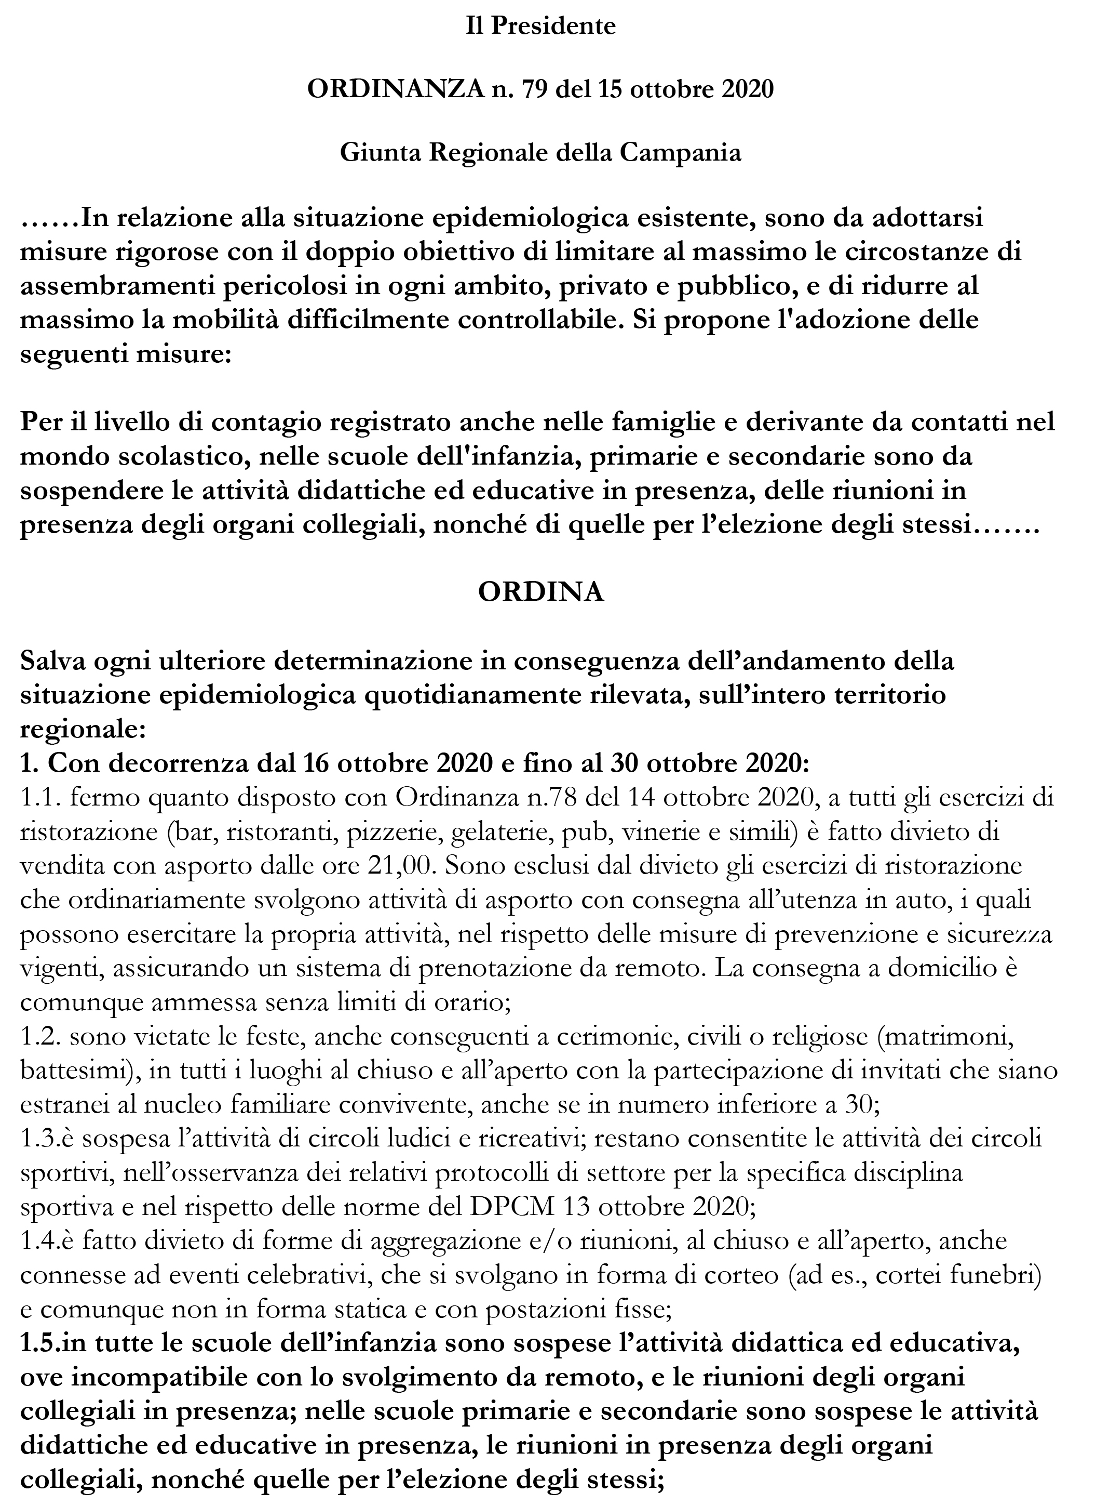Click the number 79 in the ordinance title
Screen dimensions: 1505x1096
tap(536, 89)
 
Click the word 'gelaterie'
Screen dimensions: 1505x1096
tap(501, 832)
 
